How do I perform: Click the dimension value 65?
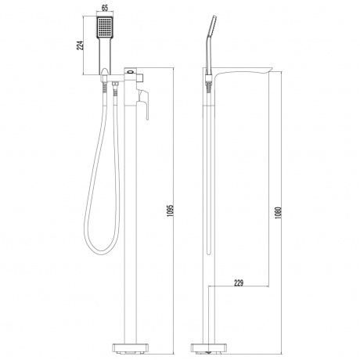105,8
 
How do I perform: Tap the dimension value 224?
81,45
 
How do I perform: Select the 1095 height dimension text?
171,211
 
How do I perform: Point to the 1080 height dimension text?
279,213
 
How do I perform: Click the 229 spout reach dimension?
238,283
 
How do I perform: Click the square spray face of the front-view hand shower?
105,27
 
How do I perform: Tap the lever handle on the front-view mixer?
143,104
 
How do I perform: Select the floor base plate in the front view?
130,348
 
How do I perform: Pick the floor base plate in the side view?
209,348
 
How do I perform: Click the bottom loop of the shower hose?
100,250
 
